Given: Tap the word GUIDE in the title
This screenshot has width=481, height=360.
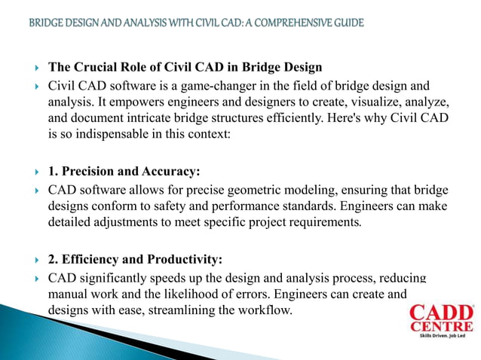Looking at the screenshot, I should pos(345,23).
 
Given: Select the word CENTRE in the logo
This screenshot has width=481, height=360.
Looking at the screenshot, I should pos(443,327).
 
